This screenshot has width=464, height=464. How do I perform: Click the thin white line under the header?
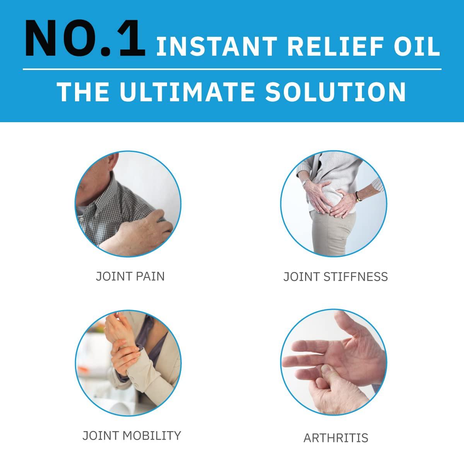click(232, 69)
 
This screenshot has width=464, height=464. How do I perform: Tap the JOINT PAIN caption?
click(130, 276)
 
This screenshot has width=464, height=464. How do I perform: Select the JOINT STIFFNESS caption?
click(335, 276)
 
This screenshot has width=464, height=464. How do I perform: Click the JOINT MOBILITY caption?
click(131, 435)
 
